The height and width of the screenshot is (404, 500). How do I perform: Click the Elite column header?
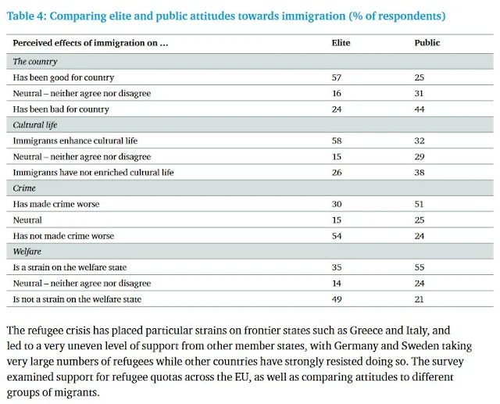tap(341, 43)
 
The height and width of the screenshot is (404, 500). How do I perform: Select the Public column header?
tap(427, 43)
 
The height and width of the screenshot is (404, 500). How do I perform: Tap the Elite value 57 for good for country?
tap(337, 77)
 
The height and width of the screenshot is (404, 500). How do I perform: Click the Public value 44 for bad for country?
tap(420, 109)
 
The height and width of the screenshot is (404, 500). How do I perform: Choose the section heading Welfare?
tap(27, 252)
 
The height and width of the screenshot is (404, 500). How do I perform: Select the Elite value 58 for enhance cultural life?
tap(337, 141)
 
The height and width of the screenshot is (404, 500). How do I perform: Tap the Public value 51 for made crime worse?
tap(420, 204)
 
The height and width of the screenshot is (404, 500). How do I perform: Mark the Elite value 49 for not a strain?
tap(337, 299)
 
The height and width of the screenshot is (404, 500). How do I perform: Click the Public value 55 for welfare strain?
tap(420, 267)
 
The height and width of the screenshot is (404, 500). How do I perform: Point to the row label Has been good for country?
tap(63, 77)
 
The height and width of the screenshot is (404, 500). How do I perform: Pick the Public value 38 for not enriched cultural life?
tap(420, 172)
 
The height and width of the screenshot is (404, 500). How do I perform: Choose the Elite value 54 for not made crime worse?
tap(337, 235)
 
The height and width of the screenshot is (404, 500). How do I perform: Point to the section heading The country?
tap(35, 61)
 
